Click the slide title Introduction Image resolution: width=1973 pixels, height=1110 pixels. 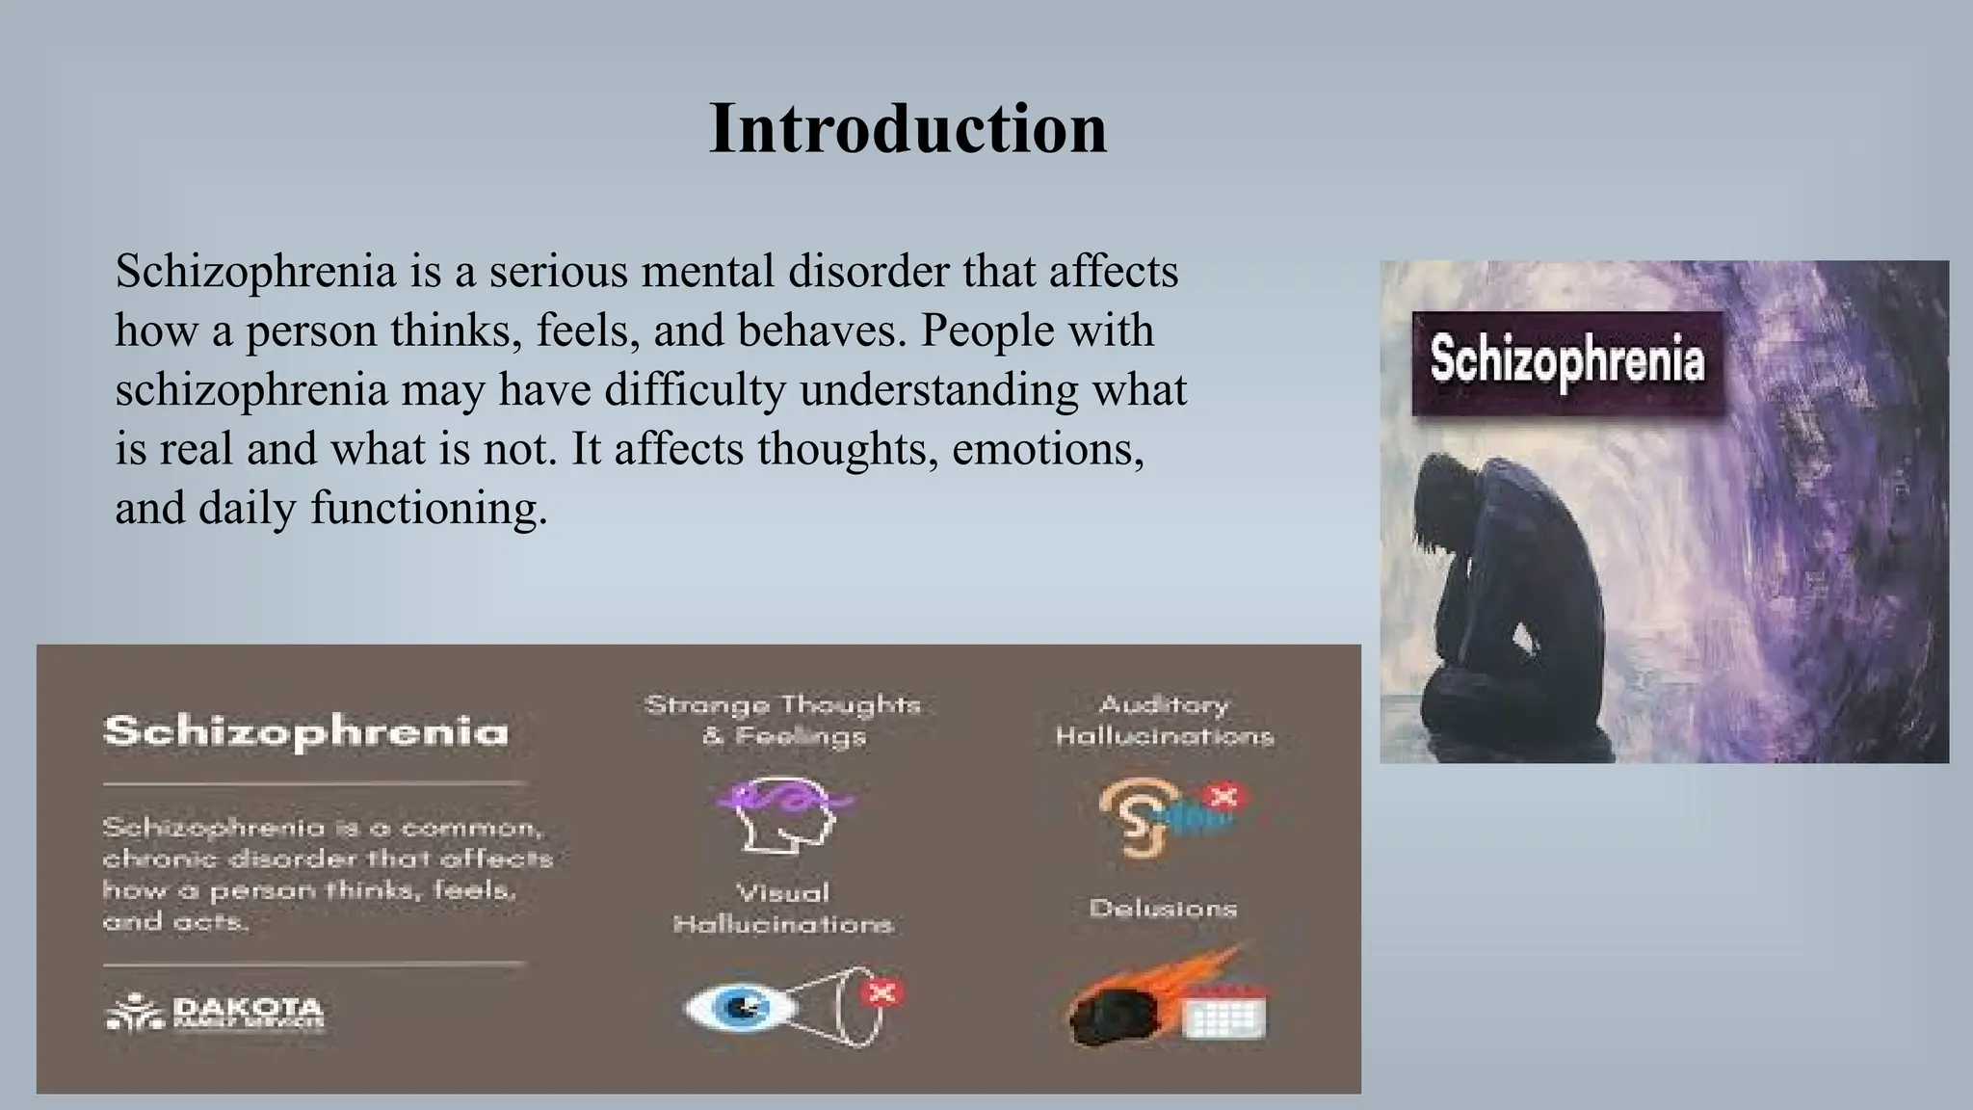[908, 128]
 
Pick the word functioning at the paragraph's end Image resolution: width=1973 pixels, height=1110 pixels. [428, 508]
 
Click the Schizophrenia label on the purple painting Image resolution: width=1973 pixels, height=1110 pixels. [1566, 361]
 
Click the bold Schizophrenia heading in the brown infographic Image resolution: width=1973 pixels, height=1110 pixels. [305, 731]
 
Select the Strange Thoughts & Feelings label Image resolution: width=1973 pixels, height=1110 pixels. [782, 720]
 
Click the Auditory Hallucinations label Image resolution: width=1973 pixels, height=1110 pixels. [1164, 720]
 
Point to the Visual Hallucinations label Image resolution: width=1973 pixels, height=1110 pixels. [782, 908]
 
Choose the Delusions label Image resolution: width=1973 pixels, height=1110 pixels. [1163, 908]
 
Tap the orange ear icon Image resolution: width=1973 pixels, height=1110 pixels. [1129, 817]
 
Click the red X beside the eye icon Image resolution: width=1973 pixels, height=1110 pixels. [882, 991]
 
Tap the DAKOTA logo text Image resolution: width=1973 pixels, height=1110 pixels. [248, 1010]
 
